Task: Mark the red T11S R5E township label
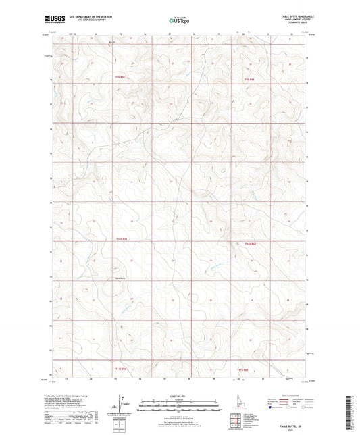tap(121, 369)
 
